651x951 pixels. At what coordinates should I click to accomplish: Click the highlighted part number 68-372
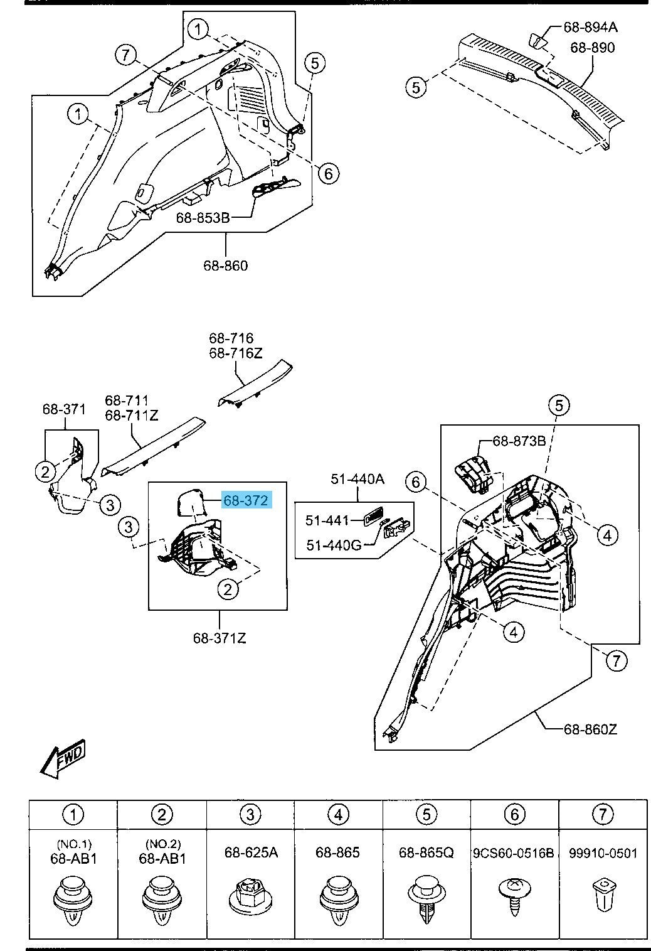246,500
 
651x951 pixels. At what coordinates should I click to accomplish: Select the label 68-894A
590,26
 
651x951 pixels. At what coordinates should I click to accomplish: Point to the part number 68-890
593,47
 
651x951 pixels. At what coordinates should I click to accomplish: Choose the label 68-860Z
590,729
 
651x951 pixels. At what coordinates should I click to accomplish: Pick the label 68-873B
519,441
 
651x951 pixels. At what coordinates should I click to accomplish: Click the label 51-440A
357,479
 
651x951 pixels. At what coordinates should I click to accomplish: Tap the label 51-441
327,520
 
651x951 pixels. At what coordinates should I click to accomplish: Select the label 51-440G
334,545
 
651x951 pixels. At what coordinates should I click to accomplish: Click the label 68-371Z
220,638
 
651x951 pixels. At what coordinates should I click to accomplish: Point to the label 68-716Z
236,353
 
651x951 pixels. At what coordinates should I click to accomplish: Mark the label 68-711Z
132,415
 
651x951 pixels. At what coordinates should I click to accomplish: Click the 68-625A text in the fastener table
250,852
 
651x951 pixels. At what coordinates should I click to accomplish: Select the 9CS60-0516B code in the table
514,852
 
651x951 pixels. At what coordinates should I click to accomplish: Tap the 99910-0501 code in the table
603,852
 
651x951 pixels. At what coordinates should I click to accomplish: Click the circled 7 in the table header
603,814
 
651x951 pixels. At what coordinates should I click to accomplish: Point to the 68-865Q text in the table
426,852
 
